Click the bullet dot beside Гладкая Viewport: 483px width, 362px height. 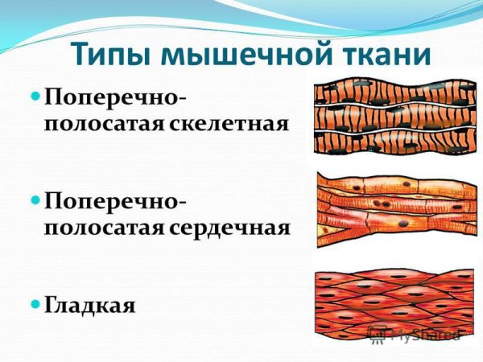pos(35,304)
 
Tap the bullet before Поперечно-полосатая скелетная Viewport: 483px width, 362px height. pos(35,96)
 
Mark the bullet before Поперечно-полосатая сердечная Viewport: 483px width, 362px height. pos(35,197)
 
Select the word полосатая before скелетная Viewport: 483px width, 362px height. pos(104,125)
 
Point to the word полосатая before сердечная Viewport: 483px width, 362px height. pos(104,226)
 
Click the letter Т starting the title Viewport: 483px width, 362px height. pos(81,55)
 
